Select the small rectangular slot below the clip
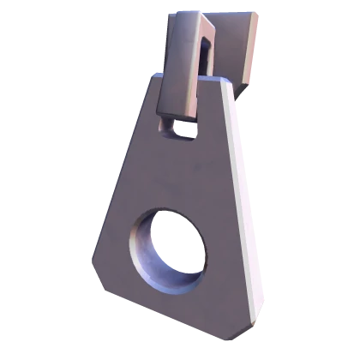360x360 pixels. [x=178, y=129]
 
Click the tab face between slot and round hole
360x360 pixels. [x=176, y=171]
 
